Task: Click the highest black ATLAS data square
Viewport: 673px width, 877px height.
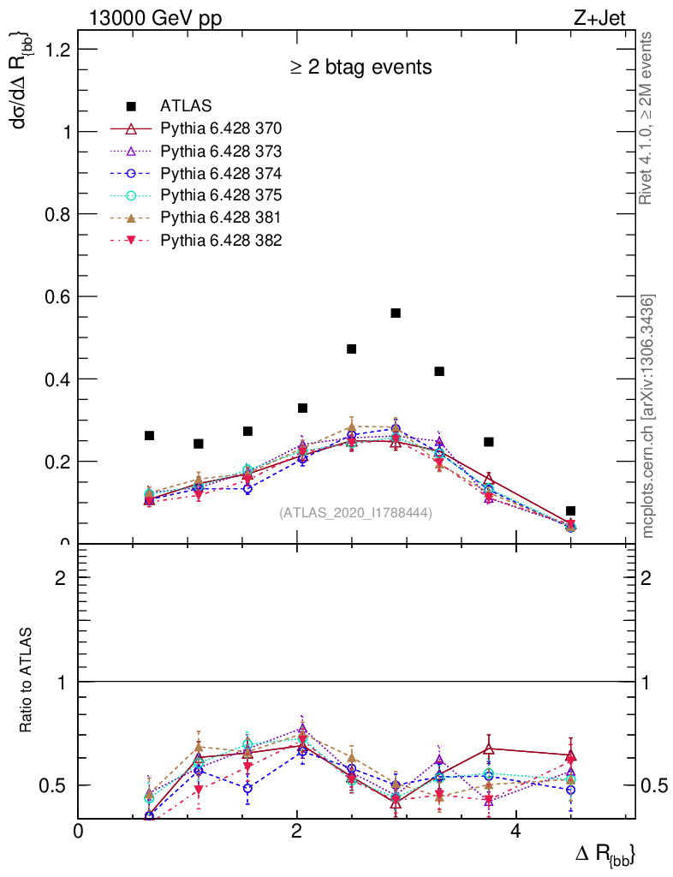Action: click(x=396, y=313)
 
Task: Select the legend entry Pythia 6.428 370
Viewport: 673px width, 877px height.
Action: click(x=221, y=128)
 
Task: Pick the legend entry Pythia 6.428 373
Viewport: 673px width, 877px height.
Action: click(x=221, y=151)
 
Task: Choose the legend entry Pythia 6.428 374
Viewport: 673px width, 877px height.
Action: click(x=221, y=173)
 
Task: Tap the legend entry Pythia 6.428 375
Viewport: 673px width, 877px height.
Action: click(x=221, y=195)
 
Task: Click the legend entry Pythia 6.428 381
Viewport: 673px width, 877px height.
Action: click(x=221, y=218)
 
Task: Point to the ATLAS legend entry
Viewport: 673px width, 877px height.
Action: click(x=186, y=106)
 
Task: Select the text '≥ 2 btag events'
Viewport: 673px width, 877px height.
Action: click(x=360, y=68)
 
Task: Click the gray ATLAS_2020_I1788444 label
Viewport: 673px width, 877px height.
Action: click(x=355, y=513)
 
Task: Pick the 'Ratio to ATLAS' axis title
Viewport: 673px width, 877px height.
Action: click(x=27, y=680)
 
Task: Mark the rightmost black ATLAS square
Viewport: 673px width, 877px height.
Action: click(x=570, y=510)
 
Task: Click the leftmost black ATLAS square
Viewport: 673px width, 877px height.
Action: click(x=150, y=435)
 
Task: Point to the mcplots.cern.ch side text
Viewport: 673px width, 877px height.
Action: click(x=648, y=416)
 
